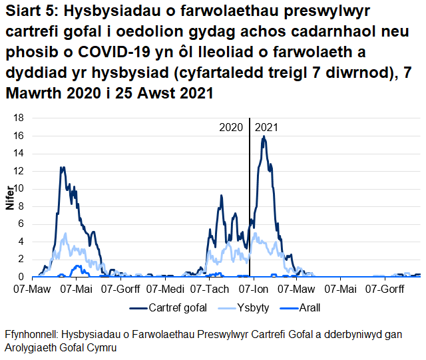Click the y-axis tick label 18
[19, 118]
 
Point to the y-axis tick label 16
[19, 136]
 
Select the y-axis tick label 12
[19, 171]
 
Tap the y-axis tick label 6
[22, 224]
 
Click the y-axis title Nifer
[9, 198]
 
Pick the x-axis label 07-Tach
[208, 289]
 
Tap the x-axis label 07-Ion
[253, 289]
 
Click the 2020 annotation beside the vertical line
[231, 127]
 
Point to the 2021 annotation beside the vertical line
[267, 127]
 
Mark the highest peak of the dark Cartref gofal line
[264, 136]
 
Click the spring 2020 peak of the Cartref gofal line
[63, 168]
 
